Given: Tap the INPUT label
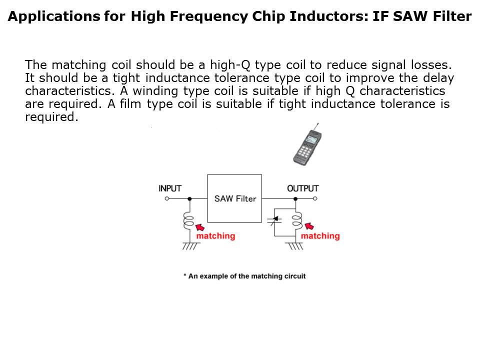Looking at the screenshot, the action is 170,188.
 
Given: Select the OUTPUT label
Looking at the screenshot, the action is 303,188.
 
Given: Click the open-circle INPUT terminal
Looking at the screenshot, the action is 167,198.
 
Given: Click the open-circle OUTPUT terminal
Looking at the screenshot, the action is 315,198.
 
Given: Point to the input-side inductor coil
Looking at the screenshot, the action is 189,220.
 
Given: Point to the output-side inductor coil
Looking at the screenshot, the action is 296,220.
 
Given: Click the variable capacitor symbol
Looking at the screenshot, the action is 274,220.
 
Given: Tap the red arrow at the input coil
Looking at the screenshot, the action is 200,227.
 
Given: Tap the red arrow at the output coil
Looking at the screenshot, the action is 309,226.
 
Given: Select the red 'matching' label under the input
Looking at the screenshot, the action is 216,236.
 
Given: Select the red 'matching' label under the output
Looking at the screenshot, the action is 320,236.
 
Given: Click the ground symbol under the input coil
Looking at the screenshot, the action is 190,246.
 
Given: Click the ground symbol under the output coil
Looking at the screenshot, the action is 295,246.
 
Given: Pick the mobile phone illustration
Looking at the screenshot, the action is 307,145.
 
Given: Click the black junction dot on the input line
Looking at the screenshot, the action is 189,198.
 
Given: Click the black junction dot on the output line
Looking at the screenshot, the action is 295,198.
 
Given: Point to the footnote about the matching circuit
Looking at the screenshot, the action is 244,276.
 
